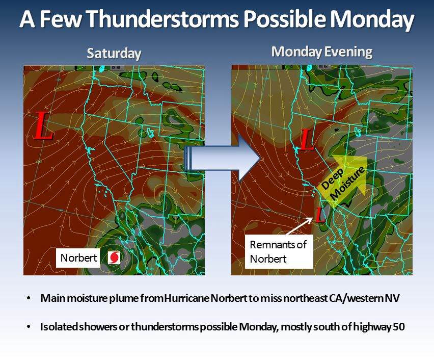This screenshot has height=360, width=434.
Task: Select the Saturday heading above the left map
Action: [x=114, y=53]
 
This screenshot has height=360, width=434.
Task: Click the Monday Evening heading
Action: [x=322, y=52]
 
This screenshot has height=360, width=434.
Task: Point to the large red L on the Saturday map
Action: [x=43, y=125]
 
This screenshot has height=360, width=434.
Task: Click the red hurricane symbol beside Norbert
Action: [x=114, y=258]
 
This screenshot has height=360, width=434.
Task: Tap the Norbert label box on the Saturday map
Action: [x=78, y=258]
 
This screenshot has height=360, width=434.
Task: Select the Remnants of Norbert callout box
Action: [x=279, y=251]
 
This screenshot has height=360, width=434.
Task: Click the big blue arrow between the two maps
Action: [x=223, y=158]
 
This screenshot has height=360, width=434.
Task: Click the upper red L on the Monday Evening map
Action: [x=307, y=139]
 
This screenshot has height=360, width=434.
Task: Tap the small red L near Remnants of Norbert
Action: [x=320, y=214]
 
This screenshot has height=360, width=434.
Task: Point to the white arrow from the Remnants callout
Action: [x=300, y=226]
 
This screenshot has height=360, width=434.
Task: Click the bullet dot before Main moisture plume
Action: [x=29, y=298]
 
